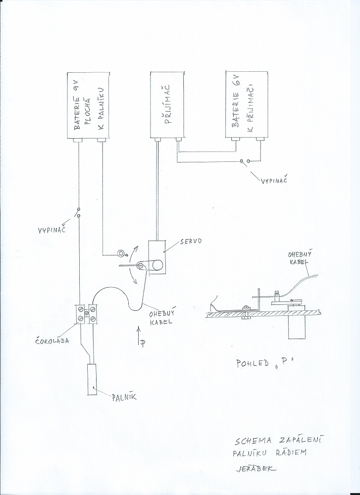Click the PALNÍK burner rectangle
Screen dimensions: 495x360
click(93, 380)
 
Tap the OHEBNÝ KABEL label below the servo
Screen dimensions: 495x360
click(161, 317)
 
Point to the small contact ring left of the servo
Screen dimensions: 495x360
click(120, 254)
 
